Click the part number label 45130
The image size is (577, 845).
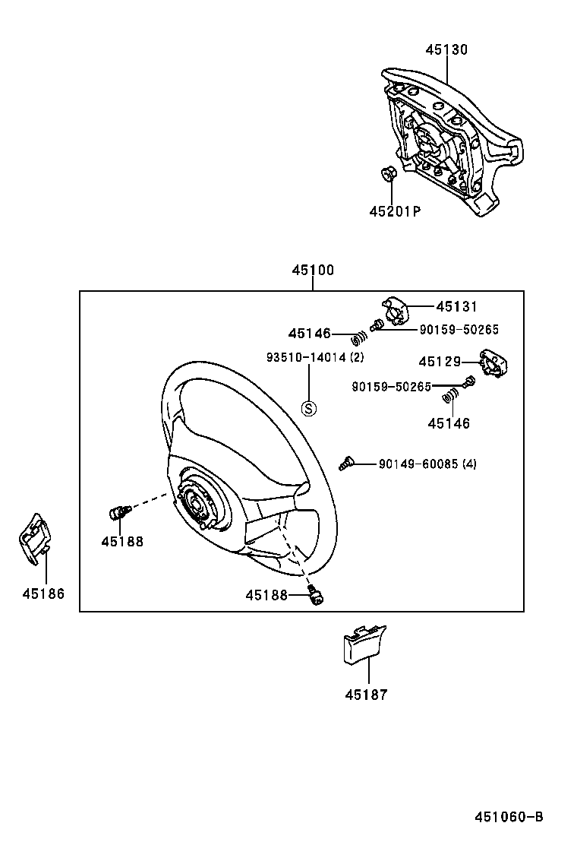click(x=446, y=50)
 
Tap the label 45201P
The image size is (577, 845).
click(x=395, y=212)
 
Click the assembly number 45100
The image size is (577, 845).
click(x=312, y=270)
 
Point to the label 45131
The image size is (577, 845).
click(x=457, y=307)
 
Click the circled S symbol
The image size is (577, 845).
click(x=308, y=409)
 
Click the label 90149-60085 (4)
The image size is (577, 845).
click(x=427, y=464)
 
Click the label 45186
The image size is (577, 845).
click(x=43, y=593)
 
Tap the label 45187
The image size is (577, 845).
click(x=366, y=695)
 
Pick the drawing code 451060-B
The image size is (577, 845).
click(x=509, y=817)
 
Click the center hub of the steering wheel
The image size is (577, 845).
click(x=196, y=502)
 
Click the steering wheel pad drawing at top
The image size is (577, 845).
click(x=448, y=141)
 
